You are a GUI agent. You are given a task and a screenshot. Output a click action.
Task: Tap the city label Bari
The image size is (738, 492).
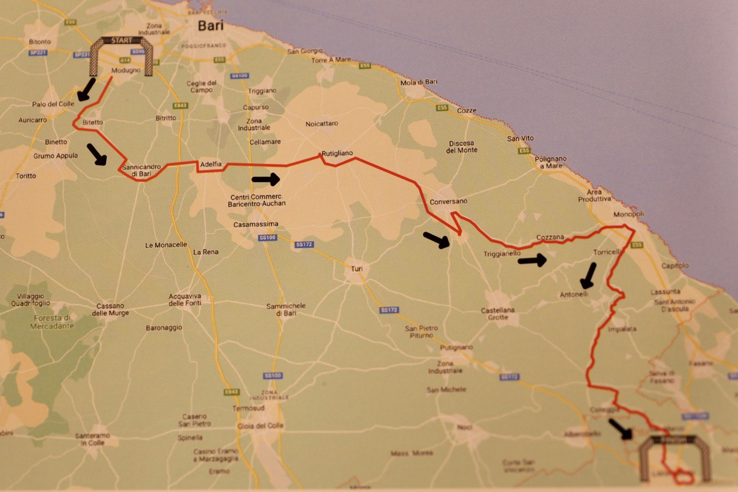210,25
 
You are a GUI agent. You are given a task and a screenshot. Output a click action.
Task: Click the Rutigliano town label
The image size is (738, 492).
337,153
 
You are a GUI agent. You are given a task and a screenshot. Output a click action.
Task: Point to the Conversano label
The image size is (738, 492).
448,201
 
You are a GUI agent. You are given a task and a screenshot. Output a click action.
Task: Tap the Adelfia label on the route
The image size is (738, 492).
211,164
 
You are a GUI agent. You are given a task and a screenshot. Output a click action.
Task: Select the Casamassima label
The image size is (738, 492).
256,224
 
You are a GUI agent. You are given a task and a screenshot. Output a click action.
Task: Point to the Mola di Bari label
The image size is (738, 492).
419,82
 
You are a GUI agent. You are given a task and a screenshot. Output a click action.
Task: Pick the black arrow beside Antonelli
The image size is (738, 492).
589,276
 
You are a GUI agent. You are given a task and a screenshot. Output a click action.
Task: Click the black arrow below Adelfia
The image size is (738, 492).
265,179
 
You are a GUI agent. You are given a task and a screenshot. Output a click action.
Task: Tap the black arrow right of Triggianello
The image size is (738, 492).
532,261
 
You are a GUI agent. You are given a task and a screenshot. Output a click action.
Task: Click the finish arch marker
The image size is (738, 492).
674,456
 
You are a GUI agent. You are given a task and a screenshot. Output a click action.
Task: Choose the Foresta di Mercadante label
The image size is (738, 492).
52,321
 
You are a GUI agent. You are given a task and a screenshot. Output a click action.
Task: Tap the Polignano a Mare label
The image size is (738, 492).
550,162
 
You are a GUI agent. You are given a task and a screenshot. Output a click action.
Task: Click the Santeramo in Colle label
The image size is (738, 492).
92,440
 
